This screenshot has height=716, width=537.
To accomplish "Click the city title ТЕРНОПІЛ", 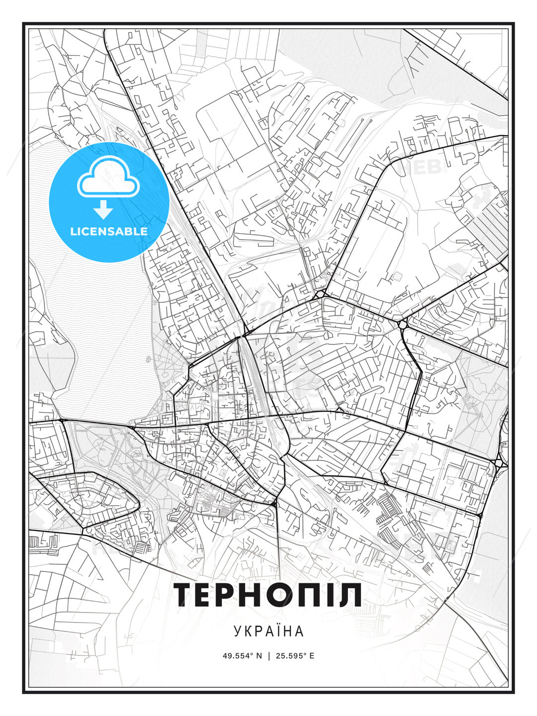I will pos(268,595).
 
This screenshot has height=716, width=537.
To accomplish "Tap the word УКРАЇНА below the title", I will pos(268,631).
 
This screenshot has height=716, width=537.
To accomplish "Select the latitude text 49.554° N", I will pos(242,655).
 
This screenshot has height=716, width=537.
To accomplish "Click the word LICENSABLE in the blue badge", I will pos(109,231).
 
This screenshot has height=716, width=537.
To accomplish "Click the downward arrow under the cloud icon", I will pos(103,210).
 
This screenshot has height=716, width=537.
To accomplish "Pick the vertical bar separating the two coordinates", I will pos(269,655).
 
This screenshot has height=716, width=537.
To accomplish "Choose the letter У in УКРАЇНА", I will pos(238,631).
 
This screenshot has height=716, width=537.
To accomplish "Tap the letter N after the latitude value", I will pos(259,655).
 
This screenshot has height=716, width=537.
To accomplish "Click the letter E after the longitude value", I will pos(312,655).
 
